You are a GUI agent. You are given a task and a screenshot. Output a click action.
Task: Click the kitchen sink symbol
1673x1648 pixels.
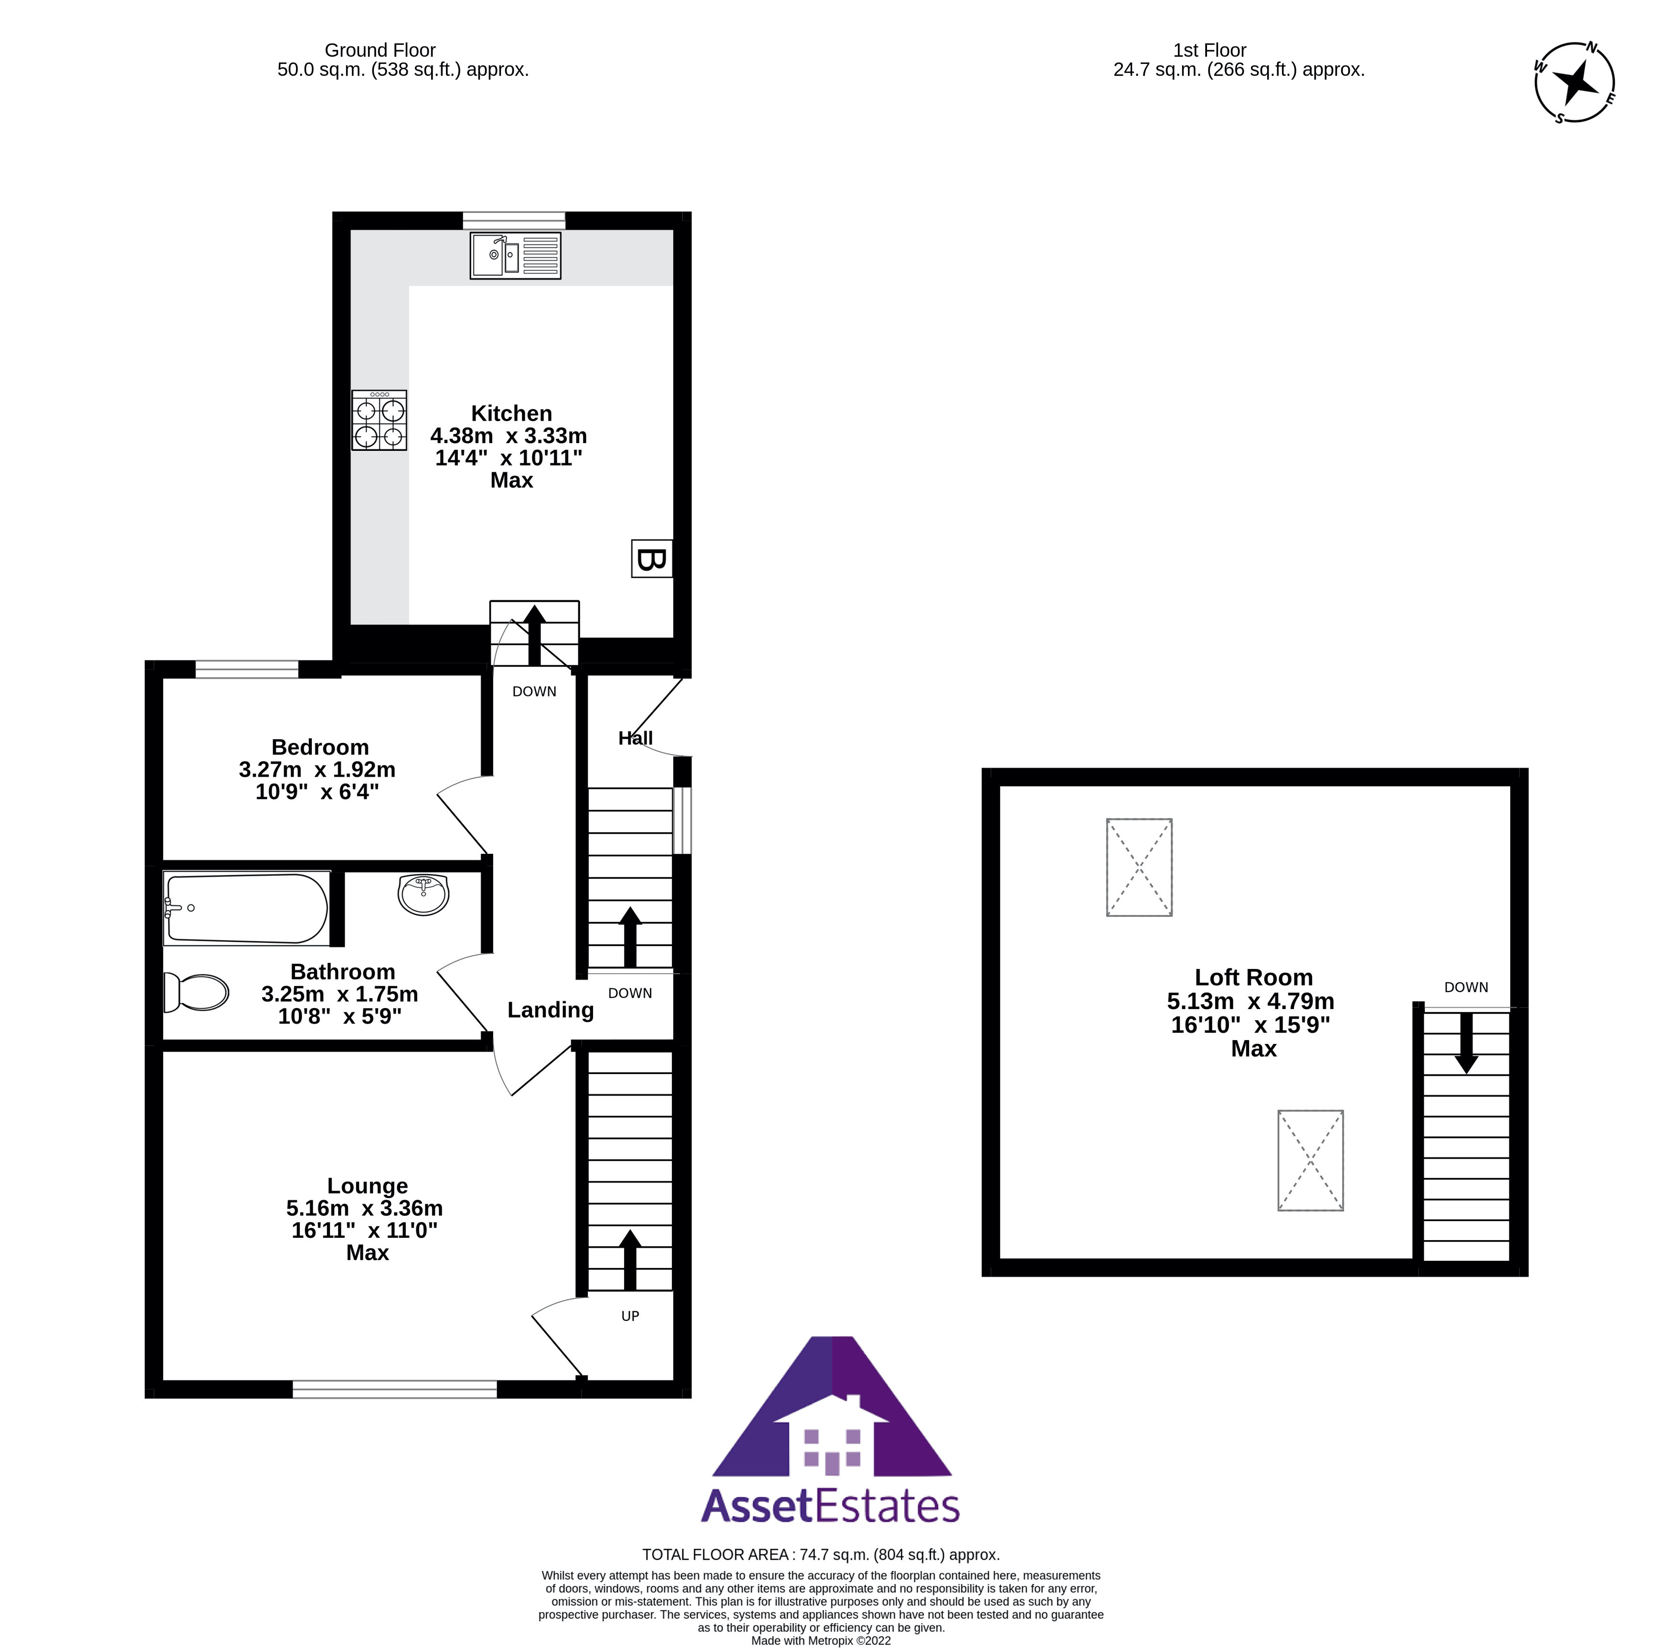(x=515, y=255)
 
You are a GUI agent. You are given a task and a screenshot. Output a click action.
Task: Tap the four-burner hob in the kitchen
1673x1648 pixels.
(x=379, y=420)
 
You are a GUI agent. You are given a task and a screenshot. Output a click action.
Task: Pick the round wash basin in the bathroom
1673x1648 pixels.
(x=423, y=894)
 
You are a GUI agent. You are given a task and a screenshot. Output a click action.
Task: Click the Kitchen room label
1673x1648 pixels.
(x=511, y=414)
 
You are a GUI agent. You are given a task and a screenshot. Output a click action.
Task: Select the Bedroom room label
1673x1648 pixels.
(x=320, y=747)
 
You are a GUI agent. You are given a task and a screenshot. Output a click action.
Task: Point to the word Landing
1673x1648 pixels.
(x=551, y=1010)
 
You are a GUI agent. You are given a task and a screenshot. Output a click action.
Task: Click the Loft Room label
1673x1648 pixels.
(x=1253, y=977)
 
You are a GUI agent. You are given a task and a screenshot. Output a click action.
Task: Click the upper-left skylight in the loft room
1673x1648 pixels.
(x=1139, y=867)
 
